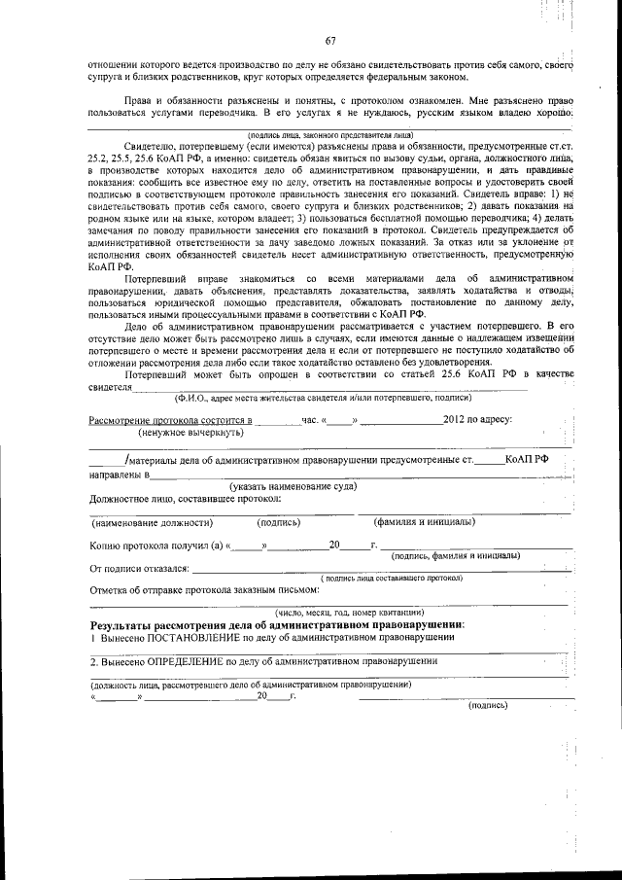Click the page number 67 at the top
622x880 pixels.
pyautogui.click(x=330, y=40)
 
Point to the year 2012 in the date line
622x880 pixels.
pyautogui.click(x=457, y=420)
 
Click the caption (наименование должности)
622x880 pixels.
pyautogui.click(x=152, y=522)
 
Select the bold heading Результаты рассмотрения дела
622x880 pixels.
pyautogui.click(x=277, y=623)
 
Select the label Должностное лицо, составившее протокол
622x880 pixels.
pyautogui.click(x=186, y=498)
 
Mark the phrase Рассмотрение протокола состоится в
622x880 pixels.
pyautogui.click(x=171, y=420)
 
